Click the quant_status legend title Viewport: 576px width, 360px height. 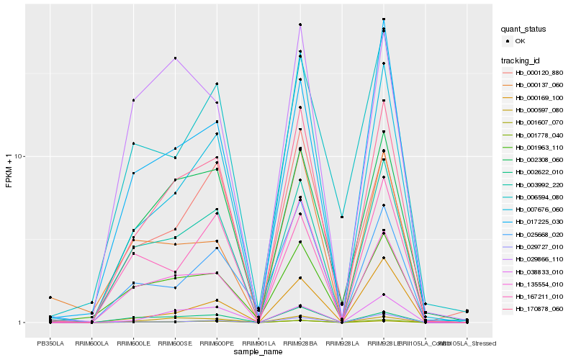(524, 29)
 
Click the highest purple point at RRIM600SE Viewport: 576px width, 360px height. (175, 58)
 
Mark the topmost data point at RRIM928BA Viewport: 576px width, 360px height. (300, 24)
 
